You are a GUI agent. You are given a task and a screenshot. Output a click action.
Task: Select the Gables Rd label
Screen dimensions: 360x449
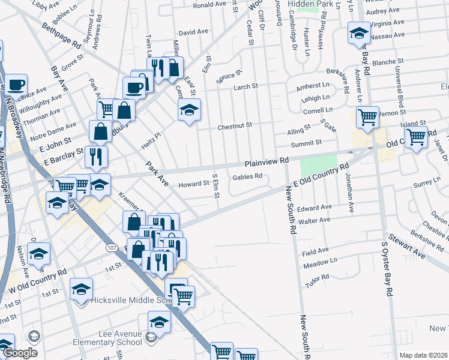click(x=247, y=176)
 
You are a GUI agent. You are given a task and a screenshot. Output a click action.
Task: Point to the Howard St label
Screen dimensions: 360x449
click(x=192, y=185)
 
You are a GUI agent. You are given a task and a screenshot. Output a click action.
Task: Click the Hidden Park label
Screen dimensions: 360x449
click(x=311, y=4)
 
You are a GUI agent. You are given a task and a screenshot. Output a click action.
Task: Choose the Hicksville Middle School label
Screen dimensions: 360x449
click(x=133, y=302)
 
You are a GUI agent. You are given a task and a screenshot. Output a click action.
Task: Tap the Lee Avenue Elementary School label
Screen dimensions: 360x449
click(x=113, y=338)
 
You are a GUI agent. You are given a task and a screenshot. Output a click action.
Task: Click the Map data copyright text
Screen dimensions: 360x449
click(x=423, y=355)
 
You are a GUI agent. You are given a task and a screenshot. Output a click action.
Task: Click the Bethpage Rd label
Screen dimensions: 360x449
click(x=61, y=36)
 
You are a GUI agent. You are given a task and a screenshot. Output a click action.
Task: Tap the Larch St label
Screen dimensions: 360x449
click(x=246, y=87)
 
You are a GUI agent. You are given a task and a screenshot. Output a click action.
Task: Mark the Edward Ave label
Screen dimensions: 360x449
click(x=318, y=208)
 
